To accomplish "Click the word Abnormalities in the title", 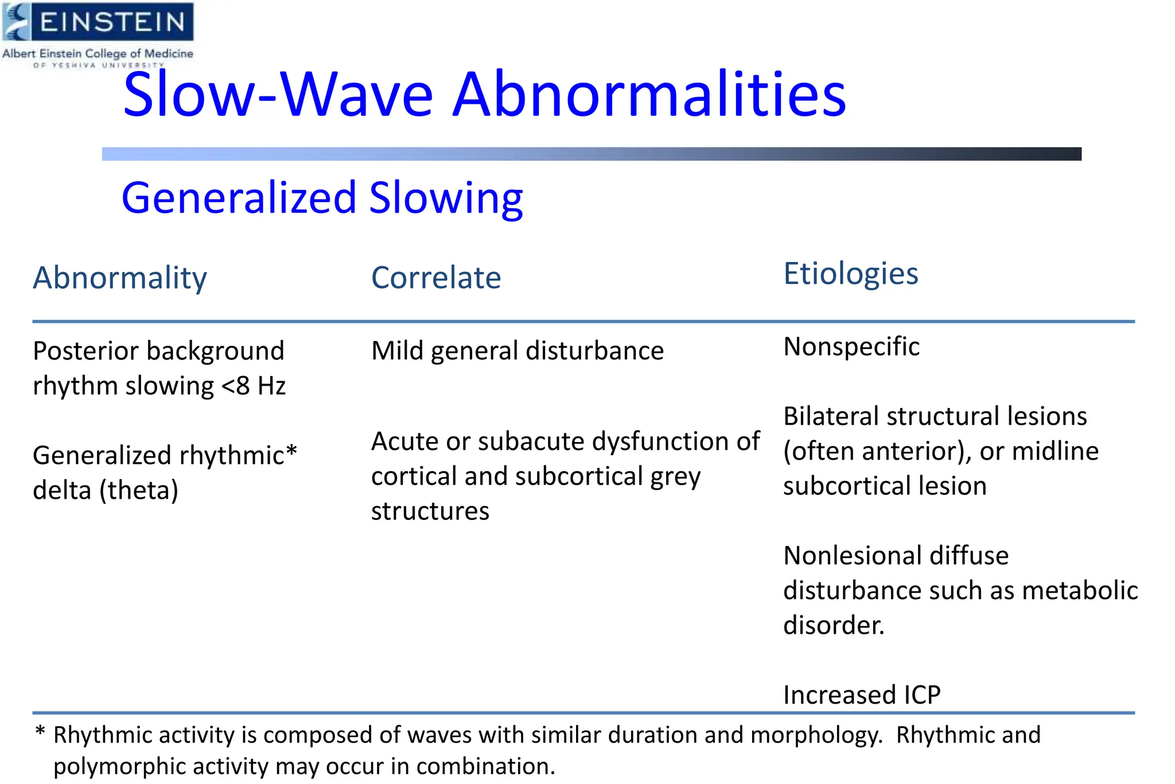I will click(x=649, y=95).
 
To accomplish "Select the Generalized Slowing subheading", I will click(x=322, y=198).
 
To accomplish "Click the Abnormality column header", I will click(x=119, y=278).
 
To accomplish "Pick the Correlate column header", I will click(x=436, y=278).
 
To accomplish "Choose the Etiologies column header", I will click(x=850, y=274).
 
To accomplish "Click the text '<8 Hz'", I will click(x=253, y=386).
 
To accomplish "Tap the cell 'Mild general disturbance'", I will click(x=517, y=351).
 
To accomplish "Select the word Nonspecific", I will click(x=851, y=347).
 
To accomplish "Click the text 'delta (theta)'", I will click(x=106, y=490).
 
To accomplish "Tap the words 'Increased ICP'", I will click(x=861, y=695).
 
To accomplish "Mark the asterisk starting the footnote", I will click(x=40, y=731).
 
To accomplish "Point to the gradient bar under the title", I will click(x=591, y=154).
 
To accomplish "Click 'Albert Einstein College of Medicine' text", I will click(x=98, y=53).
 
